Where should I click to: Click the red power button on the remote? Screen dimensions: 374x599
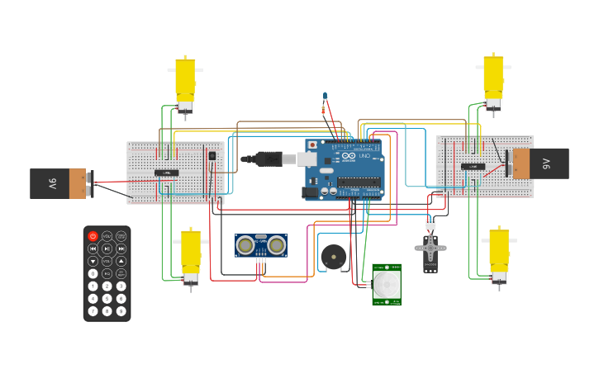93,236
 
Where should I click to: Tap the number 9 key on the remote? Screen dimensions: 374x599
121,311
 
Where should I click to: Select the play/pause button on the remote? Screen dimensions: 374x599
107,249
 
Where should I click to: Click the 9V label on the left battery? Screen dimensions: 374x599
51,183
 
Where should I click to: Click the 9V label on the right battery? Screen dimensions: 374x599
547,163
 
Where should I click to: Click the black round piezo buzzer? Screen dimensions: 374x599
334,258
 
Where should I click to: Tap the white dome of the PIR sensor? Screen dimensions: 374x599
385,286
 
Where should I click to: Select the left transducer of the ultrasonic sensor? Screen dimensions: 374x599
246,244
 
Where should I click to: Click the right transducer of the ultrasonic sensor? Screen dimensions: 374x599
276,244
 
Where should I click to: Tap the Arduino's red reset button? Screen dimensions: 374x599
312,144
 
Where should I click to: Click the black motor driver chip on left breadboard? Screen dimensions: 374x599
166,173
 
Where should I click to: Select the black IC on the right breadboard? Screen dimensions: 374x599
473,166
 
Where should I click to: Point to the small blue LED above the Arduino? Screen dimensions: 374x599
325,96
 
